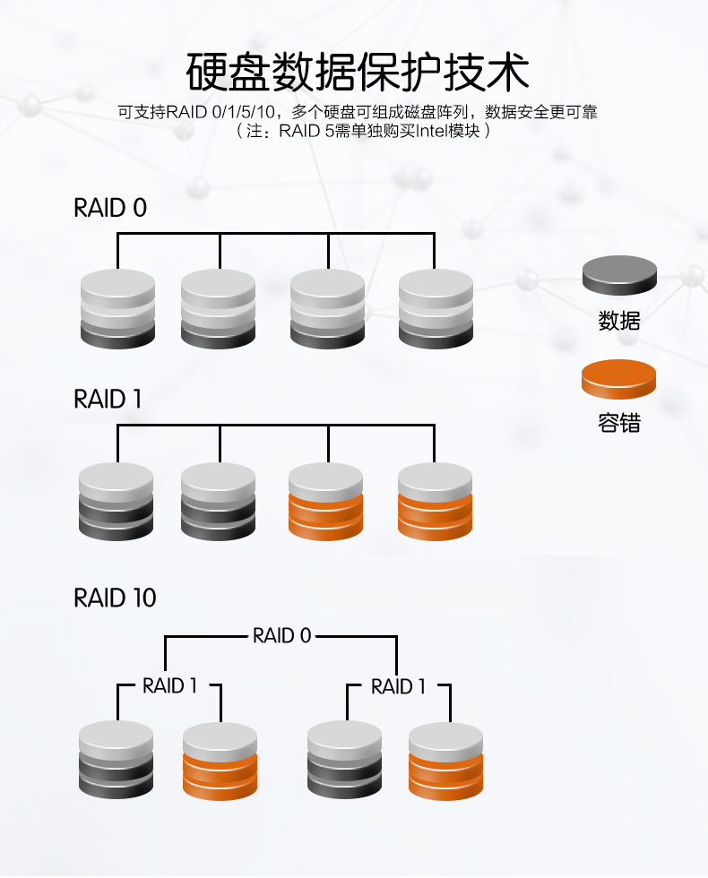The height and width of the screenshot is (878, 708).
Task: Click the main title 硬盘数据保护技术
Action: coord(358,72)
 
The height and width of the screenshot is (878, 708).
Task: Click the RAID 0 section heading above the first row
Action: coord(109,208)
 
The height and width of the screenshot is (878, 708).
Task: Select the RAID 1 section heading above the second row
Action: coord(108,400)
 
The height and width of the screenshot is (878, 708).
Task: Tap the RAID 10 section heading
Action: coord(115,598)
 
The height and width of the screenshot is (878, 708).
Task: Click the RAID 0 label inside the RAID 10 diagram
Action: coord(281,636)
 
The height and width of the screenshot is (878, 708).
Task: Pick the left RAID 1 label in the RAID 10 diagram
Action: coord(169,686)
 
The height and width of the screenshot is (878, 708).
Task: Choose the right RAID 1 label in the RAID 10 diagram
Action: coord(398,686)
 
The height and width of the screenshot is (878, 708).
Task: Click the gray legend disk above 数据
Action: coord(619,275)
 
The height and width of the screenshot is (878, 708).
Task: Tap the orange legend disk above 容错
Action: coord(619,379)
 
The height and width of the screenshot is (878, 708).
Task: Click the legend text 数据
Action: coord(619,320)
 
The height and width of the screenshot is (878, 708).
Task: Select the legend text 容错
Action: coord(619,423)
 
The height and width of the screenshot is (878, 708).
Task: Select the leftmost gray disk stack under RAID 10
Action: coord(117,760)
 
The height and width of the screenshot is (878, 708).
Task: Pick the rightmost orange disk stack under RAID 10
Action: coord(445,760)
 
